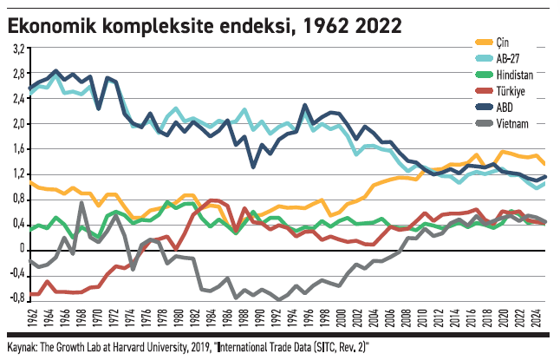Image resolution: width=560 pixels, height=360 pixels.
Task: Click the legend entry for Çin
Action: (503, 42)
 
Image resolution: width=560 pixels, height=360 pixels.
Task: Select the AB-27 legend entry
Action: (508, 58)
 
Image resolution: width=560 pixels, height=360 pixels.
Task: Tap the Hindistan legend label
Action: (515, 75)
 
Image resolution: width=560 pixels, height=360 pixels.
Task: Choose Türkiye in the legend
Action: (511, 91)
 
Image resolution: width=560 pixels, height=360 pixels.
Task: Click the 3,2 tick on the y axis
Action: (17, 48)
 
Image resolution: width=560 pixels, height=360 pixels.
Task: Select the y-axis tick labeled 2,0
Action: (17, 123)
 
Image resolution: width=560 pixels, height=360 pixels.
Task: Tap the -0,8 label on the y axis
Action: (16, 299)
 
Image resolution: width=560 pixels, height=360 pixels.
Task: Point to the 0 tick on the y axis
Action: (22, 249)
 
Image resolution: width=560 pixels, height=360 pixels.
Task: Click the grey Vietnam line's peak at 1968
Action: (81, 203)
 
